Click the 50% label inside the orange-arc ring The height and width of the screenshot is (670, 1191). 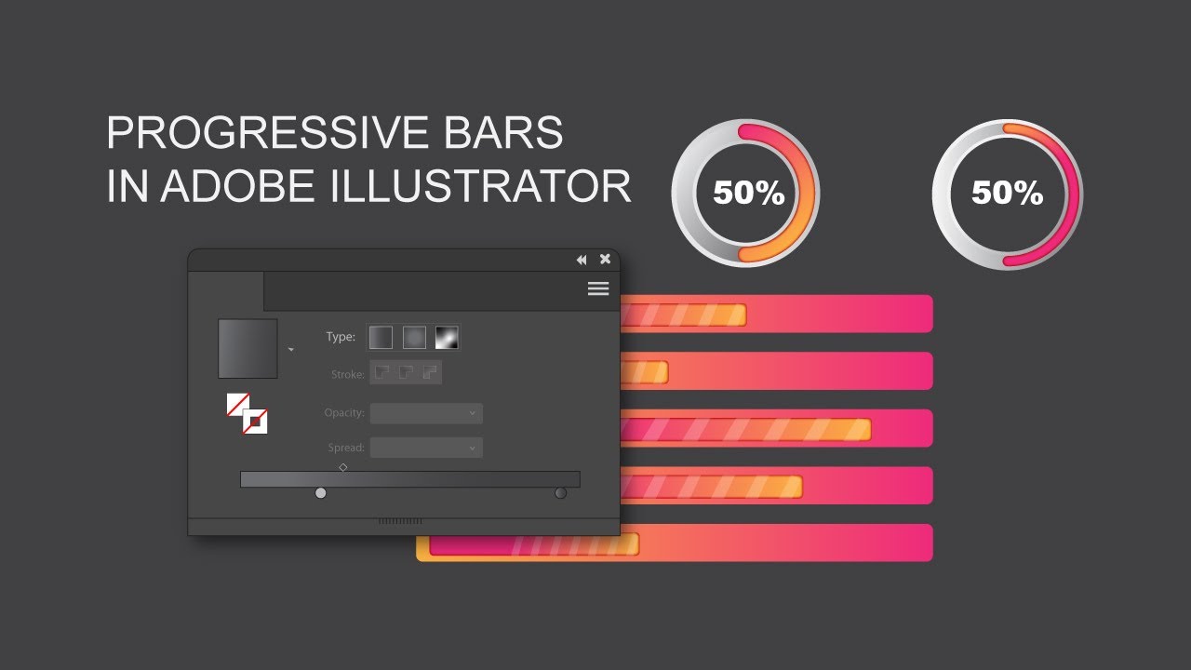click(x=748, y=194)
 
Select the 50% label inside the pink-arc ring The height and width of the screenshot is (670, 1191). click(x=1007, y=194)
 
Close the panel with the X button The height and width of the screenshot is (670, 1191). click(x=605, y=260)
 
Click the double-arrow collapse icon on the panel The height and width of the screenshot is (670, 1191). click(x=582, y=260)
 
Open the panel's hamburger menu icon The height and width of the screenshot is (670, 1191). click(x=598, y=288)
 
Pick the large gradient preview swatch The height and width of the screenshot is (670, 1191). click(x=248, y=349)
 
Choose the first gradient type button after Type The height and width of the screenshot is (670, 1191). click(x=381, y=337)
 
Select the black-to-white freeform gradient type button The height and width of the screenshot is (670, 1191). click(x=448, y=337)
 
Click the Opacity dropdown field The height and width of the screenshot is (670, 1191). click(x=426, y=413)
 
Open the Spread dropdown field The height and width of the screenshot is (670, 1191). click(x=426, y=448)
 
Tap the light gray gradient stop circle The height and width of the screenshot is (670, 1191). click(x=321, y=493)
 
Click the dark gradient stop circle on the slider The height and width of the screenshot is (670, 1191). click(x=560, y=493)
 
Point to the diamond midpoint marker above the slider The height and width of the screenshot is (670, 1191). click(x=343, y=467)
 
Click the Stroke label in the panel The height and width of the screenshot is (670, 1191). click(x=347, y=375)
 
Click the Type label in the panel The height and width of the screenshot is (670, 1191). click(x=341, y=337)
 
